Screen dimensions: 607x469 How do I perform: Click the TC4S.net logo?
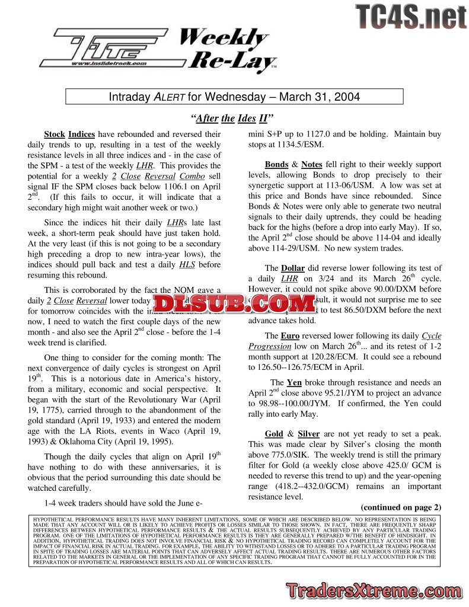tap(411, 17)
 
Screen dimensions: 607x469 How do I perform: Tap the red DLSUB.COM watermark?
tap(234, 303)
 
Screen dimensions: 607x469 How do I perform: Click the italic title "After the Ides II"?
tap(234, 119)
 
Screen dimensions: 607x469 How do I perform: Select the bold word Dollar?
tap(293, 268)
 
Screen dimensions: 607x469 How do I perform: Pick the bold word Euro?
tap(290, 336)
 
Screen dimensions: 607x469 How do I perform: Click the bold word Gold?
tap(274, 434)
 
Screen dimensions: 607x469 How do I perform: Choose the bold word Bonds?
tap(276, 164)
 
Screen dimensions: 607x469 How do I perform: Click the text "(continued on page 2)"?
tap(401, 507)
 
